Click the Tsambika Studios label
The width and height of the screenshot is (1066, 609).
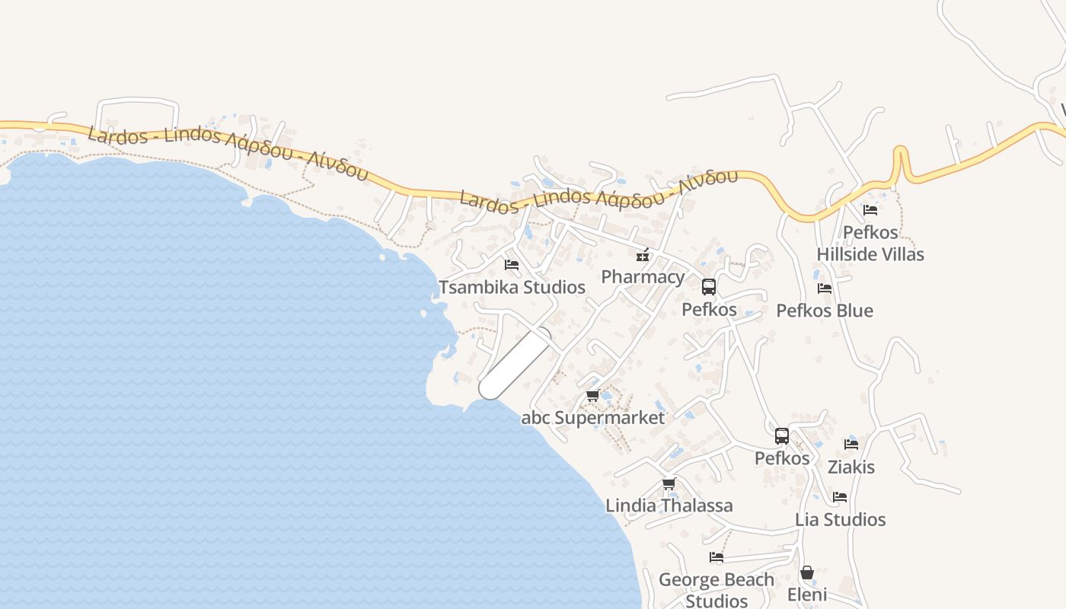click(x=512, y=287)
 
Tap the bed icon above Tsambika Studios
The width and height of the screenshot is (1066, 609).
click(x=512, y=265)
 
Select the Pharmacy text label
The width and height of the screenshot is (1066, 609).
click(x=643, y=276)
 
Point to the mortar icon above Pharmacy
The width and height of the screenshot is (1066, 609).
click(x=643, y=254)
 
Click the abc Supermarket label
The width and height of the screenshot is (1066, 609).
click(x=592, y=417)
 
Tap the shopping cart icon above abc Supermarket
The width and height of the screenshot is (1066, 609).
click(x=593, y=396)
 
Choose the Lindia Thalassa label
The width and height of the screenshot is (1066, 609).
click(x=669, y=505)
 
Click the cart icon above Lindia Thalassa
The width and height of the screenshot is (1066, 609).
click(x=669, y=484)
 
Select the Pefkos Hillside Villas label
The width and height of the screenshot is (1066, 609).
click(x=870, y=243)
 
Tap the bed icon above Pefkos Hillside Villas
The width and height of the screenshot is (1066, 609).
click(x=870, y=210)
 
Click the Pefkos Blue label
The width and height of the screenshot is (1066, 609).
click(x=825, y=311)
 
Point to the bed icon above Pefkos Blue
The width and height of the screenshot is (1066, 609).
click(x=825, y=289)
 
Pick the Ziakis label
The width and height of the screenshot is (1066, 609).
click(x=851, y=467)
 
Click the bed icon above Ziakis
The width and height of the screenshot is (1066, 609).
click(x=851, y=445)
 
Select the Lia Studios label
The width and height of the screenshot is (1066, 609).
click(x=841, y=519)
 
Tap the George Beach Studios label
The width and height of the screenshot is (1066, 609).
click(x=717, y=590)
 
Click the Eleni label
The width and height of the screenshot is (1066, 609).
click(x=807, y=594)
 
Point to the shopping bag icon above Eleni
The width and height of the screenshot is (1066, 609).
click(x=807, y=572)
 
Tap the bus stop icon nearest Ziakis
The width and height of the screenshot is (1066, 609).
click(x=782, y=436)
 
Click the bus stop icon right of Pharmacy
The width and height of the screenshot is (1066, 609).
click(x=709, y=287)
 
